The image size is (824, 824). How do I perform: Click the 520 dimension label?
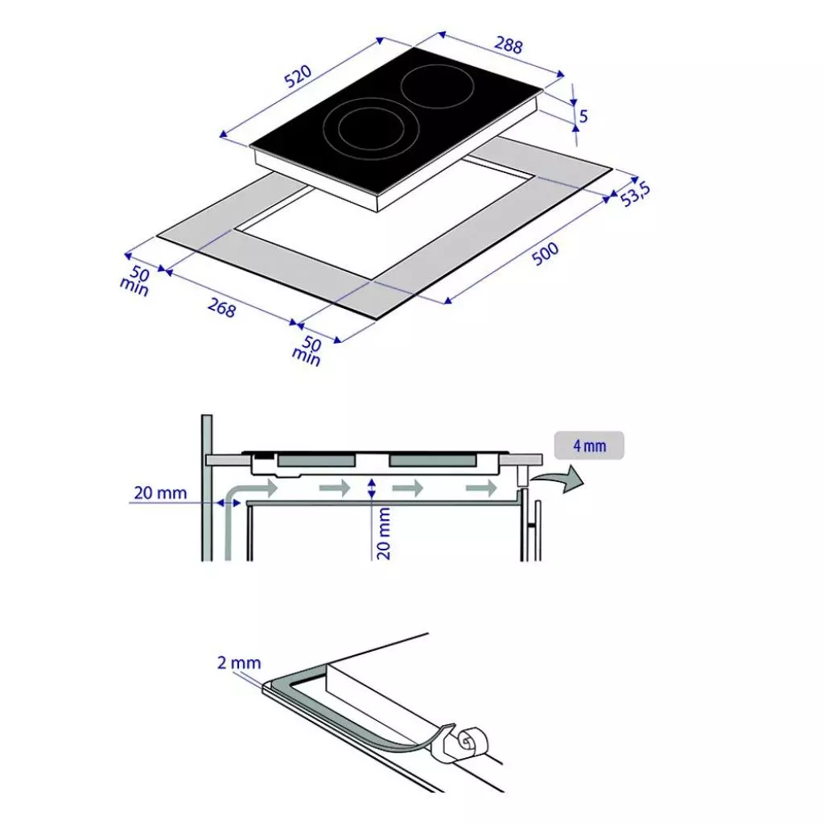298,76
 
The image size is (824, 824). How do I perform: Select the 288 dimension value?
509,44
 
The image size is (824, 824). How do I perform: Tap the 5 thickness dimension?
583,116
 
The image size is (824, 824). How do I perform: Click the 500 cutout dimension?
545,253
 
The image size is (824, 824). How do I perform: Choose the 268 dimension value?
221,307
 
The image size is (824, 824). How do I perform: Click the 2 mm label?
239,663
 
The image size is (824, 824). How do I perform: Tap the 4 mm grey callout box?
589,446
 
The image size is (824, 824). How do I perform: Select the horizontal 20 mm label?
160,493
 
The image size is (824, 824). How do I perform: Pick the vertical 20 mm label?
384,533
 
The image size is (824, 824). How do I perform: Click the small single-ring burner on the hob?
438,86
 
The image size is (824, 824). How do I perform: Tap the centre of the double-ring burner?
371,129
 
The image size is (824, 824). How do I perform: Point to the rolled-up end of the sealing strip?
471,741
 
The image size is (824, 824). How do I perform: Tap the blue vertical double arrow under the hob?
372,488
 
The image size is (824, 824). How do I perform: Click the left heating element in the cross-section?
315,461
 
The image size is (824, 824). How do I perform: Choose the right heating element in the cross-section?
433,461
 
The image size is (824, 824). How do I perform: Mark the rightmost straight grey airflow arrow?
481,488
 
